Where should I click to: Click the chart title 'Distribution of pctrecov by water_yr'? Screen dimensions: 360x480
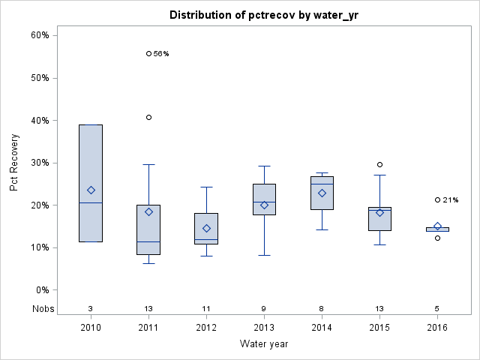pyautogui.click(x=262, y=15)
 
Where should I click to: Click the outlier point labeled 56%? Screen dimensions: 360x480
pyautogui.click(x=148, y=53)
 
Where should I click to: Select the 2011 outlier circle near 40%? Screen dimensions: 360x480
pyautogui.click(x=148, y=117)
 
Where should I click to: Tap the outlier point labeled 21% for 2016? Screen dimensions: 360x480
pyautogui.click(x=437, y=199)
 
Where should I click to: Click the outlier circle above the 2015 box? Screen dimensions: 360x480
pyautogui.click(x=379, y=164)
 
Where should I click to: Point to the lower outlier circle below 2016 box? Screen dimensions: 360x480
pyautogui.click(x=437, y=238)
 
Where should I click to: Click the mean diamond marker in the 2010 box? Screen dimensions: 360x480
pyautogui.click(x=91, y=190)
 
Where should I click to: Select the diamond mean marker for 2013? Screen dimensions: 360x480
pyautogui.click(x=264, y=205)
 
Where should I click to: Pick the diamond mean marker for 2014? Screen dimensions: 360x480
pyautogui.click(x=322, y=193)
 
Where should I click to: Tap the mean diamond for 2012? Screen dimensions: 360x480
pyautogui.click(x=206, y=228)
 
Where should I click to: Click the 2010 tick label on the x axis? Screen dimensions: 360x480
pyautogui.click(x=91, y=328)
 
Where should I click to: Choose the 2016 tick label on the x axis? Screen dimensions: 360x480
pyautogui.click(x=437, y=328)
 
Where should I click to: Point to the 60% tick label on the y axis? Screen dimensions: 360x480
pyautogui.click(x=40, y=35)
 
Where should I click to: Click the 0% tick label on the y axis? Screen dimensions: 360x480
pyautogui.click(x=42, y=290)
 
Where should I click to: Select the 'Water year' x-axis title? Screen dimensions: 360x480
pyautogui.click(x=263, y=344)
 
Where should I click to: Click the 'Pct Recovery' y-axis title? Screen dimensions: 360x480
pyautogui.click(x=14, y=163)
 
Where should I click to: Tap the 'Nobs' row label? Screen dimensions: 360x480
pyautogui.click(x=43, y=308)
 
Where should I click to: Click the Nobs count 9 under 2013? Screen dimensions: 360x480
pyautogui.click(x=264, y=308)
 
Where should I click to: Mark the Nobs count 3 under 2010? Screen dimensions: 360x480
pyautogui.click(x=91, y=308)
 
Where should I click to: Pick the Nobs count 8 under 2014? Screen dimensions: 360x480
pyautogui.click(x=322, y=308)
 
